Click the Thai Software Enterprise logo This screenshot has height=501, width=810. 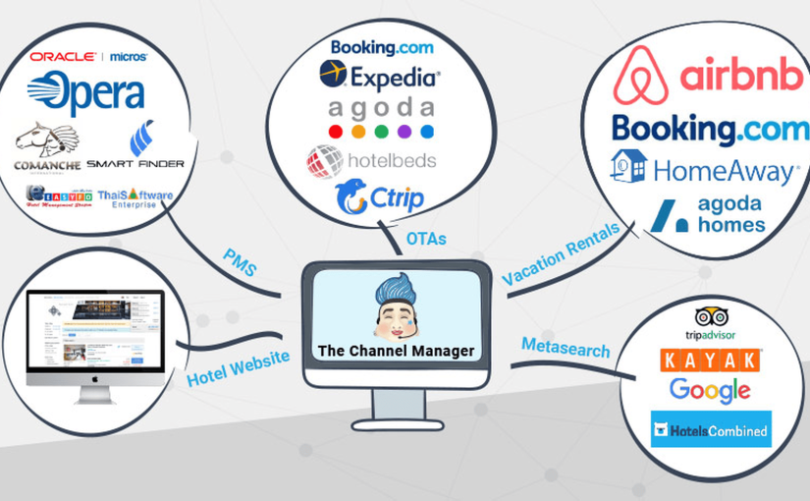135,198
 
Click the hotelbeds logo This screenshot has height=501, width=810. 370,159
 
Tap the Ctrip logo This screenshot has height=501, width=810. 379,197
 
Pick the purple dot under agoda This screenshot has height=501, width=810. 404,132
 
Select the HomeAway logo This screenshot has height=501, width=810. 703,170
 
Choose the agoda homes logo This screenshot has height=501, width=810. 707,215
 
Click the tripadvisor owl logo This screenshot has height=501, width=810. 711,316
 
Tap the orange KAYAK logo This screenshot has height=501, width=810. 711,360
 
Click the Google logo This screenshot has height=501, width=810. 710,390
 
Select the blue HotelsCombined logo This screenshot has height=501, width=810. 710,429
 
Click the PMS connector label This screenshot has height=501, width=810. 239,264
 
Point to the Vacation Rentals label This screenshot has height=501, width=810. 562,253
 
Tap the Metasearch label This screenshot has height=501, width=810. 566,348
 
